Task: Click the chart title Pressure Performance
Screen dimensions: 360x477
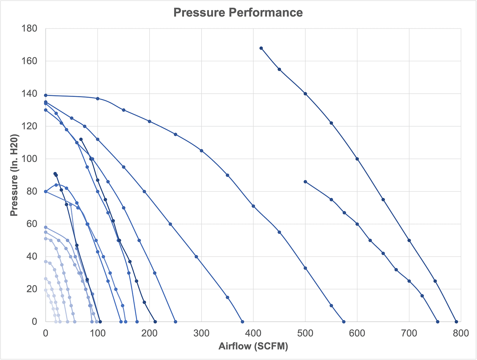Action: [238, 13]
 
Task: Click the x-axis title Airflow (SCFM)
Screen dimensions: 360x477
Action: [253, 346]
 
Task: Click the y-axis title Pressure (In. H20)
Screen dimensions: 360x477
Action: [14, 175]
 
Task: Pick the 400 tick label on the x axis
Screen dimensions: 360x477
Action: [253, 333]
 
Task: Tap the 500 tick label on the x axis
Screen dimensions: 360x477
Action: [305, 333]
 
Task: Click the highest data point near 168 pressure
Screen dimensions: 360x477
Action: [261, 48]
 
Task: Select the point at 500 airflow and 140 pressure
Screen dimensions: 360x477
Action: [305, 94]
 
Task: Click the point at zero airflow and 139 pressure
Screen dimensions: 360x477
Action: [46, 95]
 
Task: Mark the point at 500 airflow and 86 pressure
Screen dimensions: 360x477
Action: [305, 182]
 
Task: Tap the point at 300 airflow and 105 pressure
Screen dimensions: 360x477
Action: [201, 151]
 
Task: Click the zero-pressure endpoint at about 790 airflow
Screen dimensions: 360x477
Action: [456, 322]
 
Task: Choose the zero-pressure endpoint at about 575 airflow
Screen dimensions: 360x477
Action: [344, 322]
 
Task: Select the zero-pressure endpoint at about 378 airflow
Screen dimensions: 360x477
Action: [242, 322]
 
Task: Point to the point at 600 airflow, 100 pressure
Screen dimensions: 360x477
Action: [357, 159]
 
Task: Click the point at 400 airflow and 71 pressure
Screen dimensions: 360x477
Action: [253, 206]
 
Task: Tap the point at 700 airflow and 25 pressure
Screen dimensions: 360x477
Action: [409, 281]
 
